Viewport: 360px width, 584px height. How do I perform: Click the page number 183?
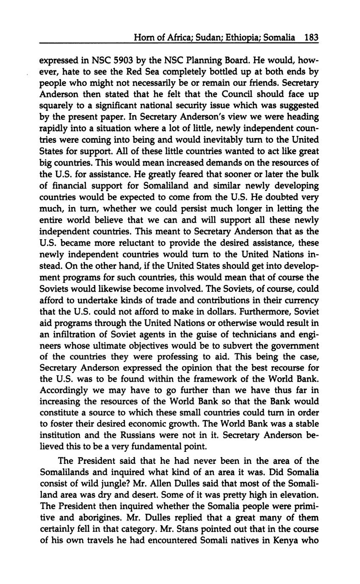[x=311, y=38]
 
